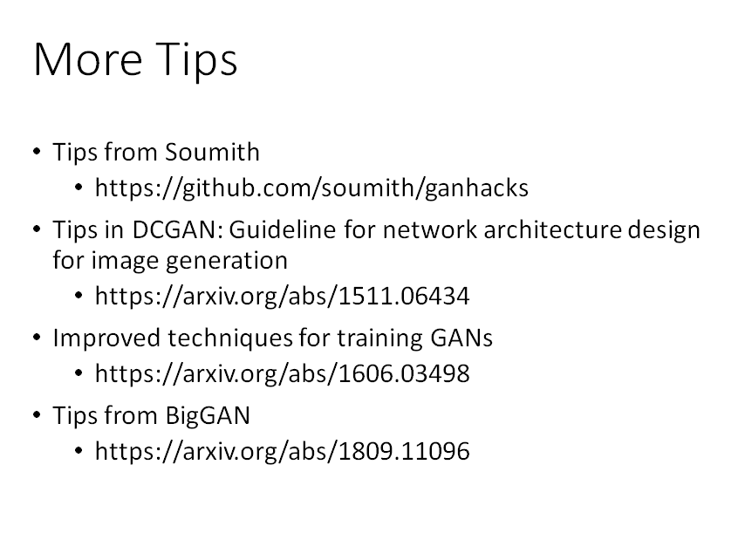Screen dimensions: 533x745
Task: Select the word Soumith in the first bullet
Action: [x=212, y=152]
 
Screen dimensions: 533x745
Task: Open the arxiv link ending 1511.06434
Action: [x=282, y=296]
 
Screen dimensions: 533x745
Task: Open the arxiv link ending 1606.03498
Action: [x=282, y=373]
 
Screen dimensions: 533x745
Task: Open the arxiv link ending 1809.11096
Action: [x=282, y=451]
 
